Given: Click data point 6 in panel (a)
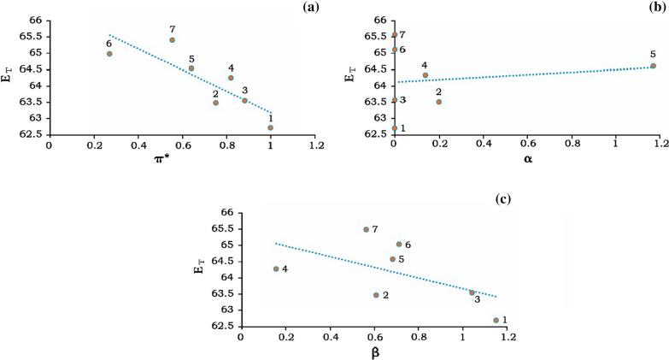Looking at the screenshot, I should pos(109,54).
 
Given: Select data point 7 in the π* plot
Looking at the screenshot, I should pos(172,40).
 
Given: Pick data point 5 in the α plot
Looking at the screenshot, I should pos(653,66).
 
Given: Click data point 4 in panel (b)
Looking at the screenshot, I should pos(425,75).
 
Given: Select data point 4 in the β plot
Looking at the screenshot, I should pos(276,269).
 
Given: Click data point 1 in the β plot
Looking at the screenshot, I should pos(496,321).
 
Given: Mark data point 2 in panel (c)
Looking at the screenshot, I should pos(376,295).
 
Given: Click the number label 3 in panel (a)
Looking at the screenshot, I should pos(245,90).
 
